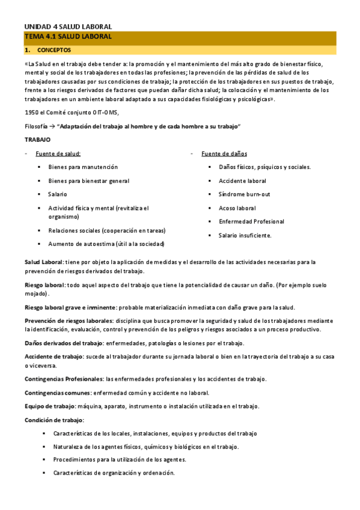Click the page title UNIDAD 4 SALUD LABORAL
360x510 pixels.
[68, 26]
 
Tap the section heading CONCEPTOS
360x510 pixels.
[53, 51]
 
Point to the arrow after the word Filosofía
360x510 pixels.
[53, 126]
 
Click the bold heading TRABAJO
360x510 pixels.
[37, 140]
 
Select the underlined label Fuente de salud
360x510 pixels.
[58, 153]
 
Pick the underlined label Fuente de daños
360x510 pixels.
[224, 153]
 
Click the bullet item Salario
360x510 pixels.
[58, 194]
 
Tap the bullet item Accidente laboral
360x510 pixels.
[242, 180]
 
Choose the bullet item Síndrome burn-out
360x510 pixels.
[244, 194]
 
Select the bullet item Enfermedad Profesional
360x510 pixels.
[251, 221]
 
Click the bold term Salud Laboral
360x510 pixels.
[44, 262]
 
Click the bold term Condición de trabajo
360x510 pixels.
[54, 420]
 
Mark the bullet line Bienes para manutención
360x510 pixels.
[83, 167]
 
